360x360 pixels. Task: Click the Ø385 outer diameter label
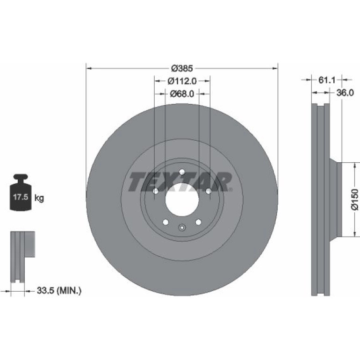point(182,68)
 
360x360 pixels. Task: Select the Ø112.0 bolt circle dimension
point(182,81)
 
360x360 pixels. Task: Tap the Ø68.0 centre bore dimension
point(182,94)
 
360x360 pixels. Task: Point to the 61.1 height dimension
point(327,80)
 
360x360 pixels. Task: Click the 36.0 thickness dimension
point(345,93)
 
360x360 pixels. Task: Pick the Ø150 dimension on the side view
point(355,199)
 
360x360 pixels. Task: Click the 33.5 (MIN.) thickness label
point(59,290)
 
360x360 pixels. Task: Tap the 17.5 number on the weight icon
point(21,197)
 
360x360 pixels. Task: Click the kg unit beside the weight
point(39,198)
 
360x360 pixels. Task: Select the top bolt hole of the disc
point(182,172)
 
